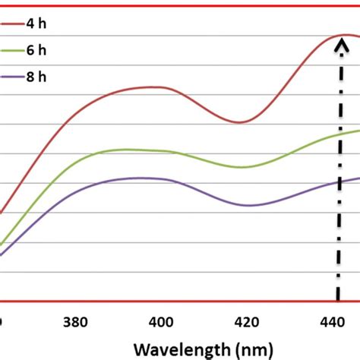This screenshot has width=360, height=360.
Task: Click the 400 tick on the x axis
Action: click(x=161, y=321)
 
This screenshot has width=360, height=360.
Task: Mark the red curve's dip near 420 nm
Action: click(x=239, y=122)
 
